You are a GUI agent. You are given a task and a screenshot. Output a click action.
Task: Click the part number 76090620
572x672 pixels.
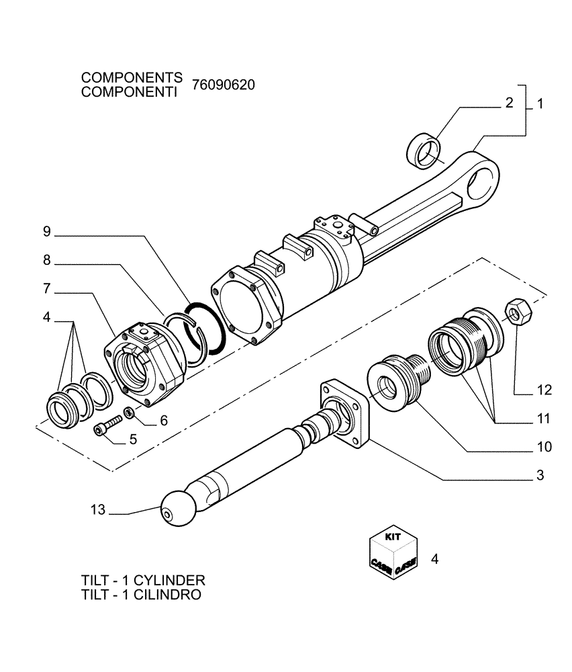point(223,85)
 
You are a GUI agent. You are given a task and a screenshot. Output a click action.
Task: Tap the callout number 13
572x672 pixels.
point(98,510)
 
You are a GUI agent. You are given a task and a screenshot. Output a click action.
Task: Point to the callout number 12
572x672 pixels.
point(543,389)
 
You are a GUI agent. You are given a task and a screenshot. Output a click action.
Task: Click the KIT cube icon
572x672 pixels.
point(393,550)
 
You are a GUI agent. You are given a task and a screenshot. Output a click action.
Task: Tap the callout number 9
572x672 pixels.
point(46,232)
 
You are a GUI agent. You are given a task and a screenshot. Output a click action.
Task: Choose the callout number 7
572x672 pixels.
point(46,288)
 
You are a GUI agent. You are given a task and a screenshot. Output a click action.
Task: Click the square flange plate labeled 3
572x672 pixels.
point(345,414)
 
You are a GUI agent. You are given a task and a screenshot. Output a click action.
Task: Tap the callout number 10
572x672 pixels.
point(543,446)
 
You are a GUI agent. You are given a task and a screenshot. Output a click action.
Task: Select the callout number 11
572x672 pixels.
point(543,419)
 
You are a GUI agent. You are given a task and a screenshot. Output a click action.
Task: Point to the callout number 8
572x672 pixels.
point(46,259)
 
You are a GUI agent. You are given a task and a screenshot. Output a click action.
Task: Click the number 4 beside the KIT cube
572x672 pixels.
point(434,558)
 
